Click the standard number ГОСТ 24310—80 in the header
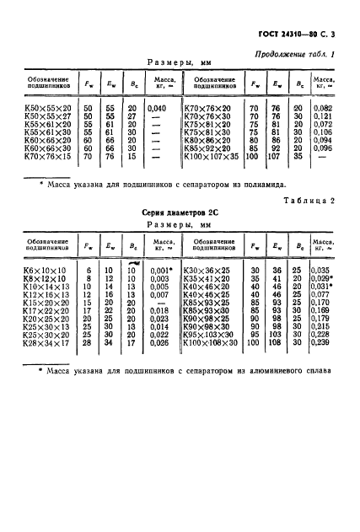[293, 34]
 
